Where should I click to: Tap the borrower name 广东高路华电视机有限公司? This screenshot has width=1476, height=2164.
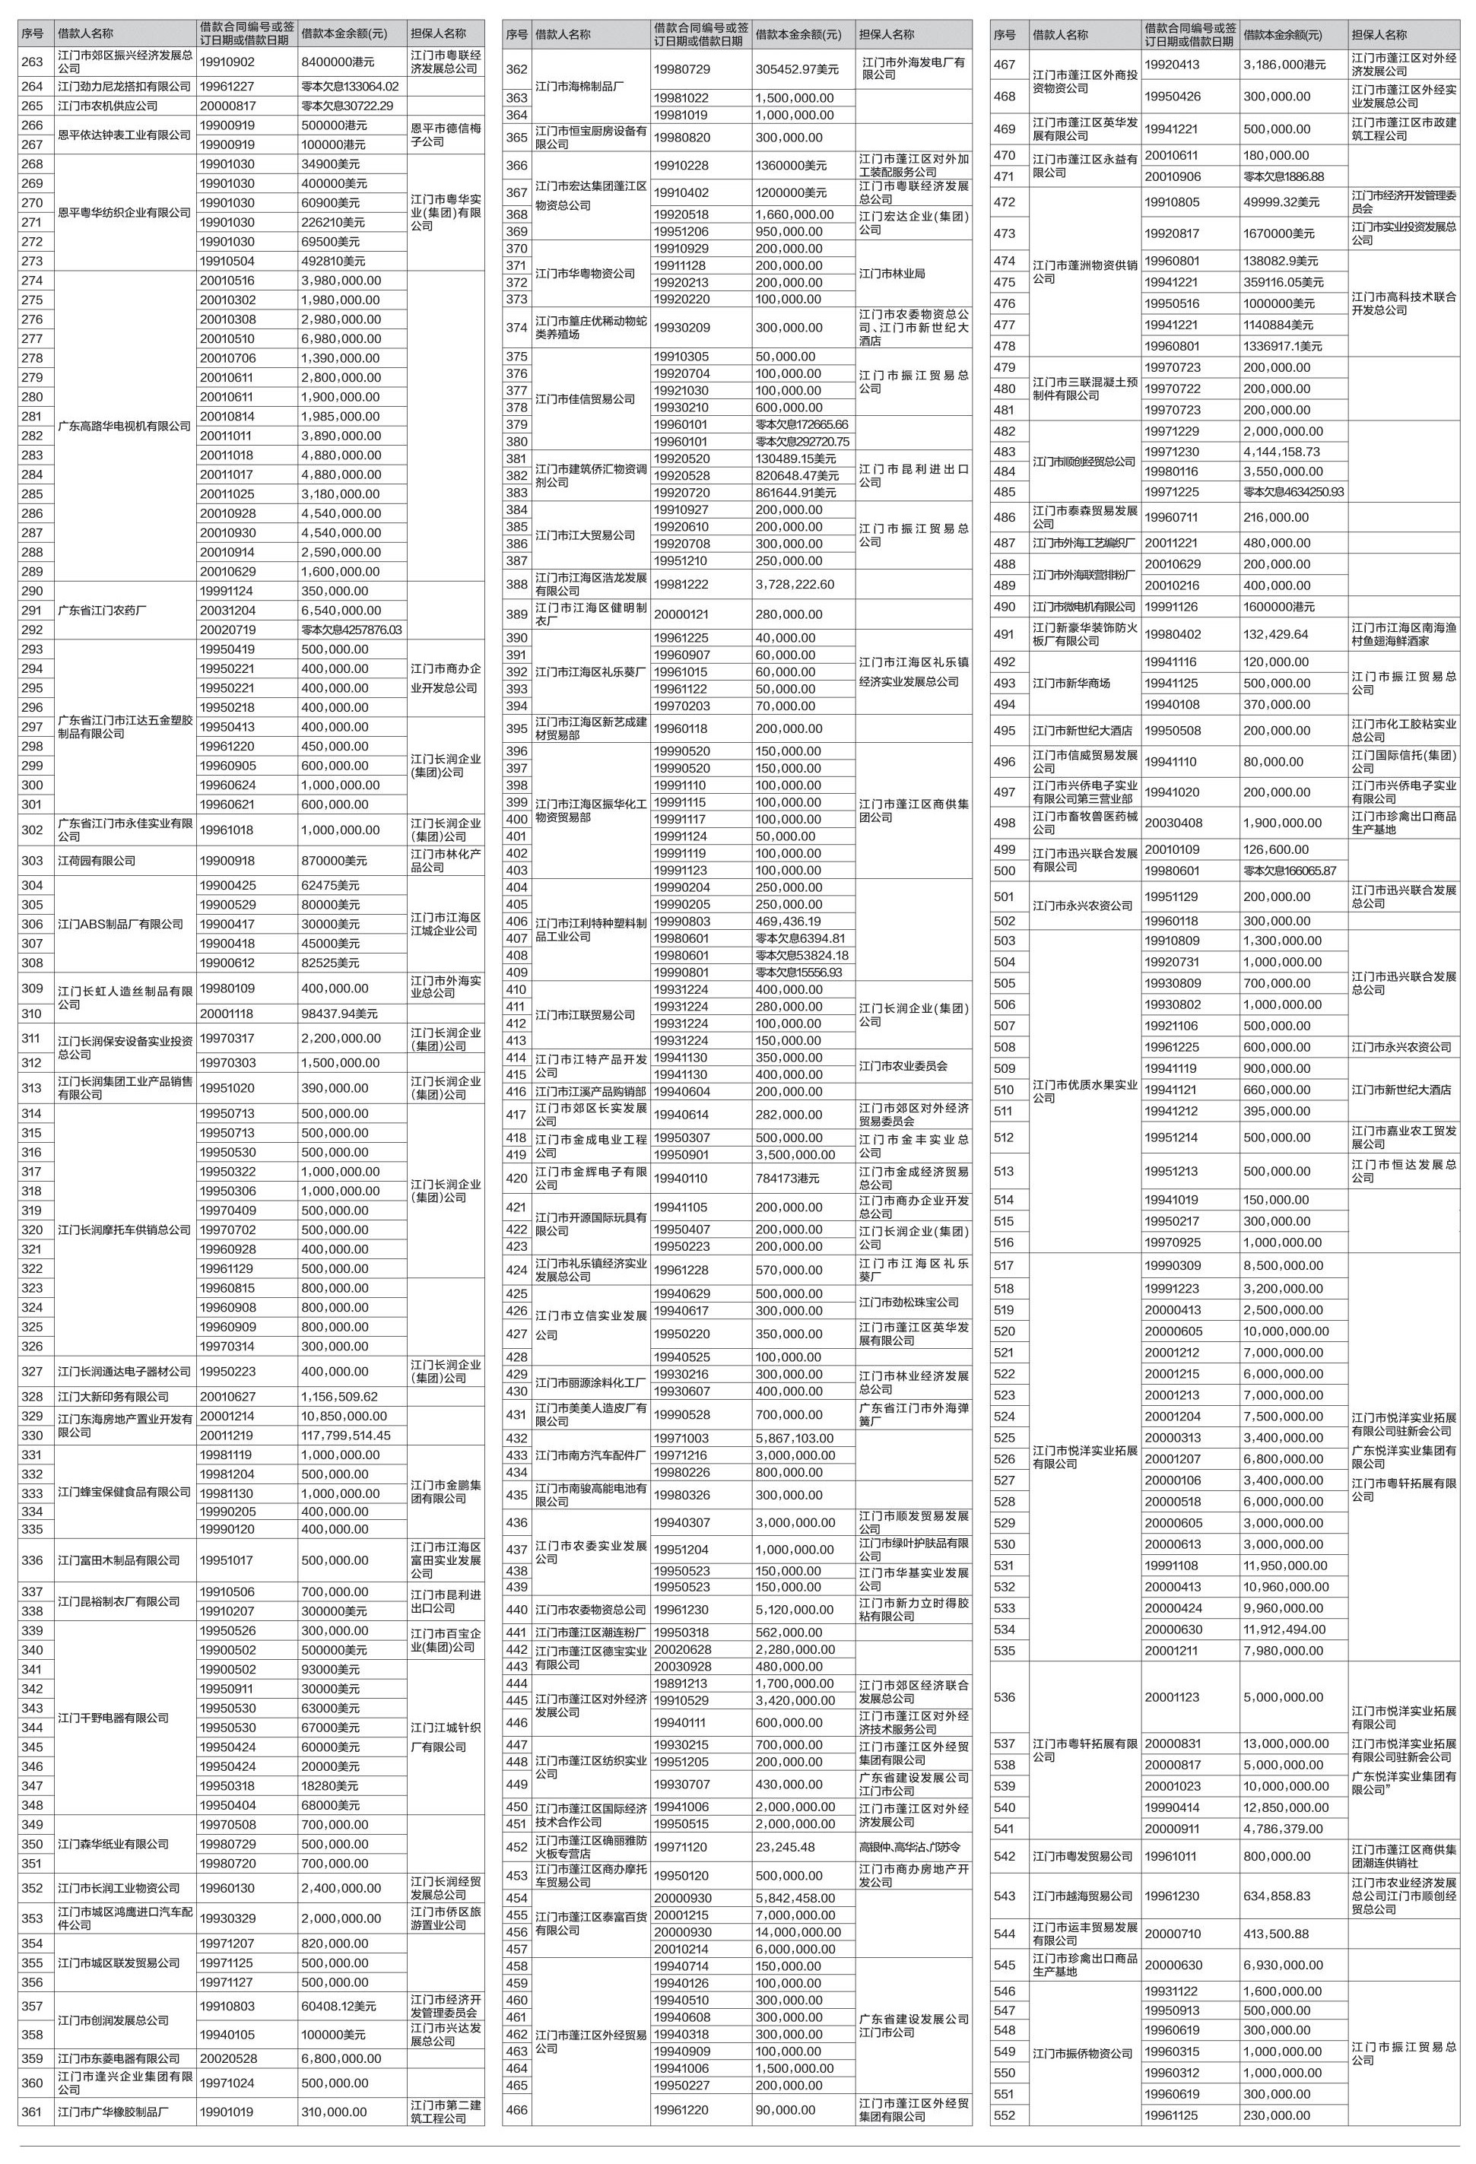coord(124,427)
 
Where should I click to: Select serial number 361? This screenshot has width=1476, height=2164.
coord(33,2112)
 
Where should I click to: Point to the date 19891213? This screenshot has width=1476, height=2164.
coord(680,1683)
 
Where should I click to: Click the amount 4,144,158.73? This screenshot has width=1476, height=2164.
coord(1281,452)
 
